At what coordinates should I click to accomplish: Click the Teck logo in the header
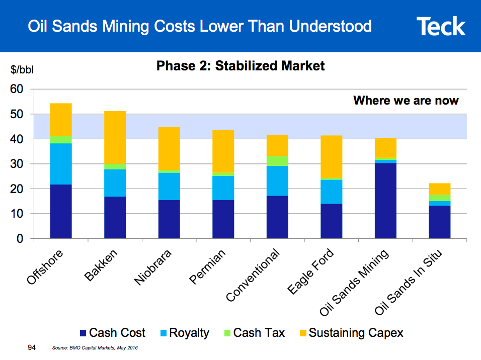441,26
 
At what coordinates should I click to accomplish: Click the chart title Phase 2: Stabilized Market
240,66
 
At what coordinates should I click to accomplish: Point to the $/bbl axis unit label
22,70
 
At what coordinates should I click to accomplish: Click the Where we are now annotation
406,101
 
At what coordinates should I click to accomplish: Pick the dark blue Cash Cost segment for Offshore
61,211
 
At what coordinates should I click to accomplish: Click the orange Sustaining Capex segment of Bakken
115,137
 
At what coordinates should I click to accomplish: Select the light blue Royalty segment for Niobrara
169,186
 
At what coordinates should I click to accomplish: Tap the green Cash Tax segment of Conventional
277,161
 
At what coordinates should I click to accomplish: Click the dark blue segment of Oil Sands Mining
385,201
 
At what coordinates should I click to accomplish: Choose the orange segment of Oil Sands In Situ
439,189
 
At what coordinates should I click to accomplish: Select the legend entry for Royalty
184,333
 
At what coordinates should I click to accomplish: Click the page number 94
32,347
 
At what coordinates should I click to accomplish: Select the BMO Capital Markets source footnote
95,348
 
